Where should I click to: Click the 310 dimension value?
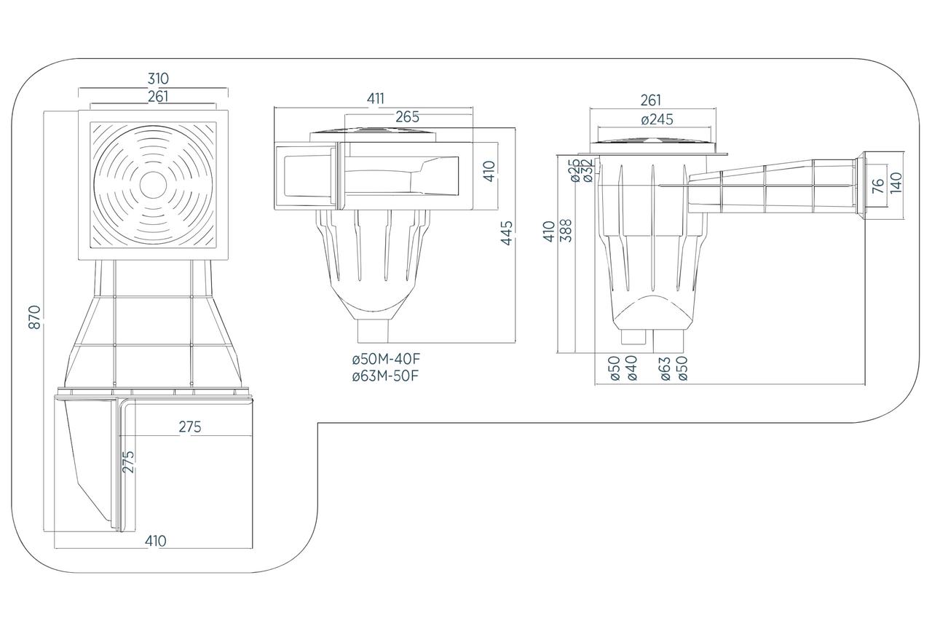[x=158, y=79]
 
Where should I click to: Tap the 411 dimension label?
[x=375, y=98]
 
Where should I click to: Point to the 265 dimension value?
[x=407, y=116]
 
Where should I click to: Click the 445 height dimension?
[x=508, y=233]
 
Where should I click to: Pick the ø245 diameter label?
[x=657, y=119]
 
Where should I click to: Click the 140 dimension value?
[x=896, y=181]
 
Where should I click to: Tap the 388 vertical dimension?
[x=566, y=231]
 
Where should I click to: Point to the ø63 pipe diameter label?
[x=665, y=368]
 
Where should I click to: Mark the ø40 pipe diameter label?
[x=631, y=368]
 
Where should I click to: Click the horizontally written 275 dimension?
[x=190, y=427]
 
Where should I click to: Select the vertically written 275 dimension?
[x=129, y=462]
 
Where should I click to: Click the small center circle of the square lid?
[x=153, y=185]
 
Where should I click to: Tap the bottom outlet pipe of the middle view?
[x=374, y=331]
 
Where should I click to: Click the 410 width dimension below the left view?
[x=155, y=541]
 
